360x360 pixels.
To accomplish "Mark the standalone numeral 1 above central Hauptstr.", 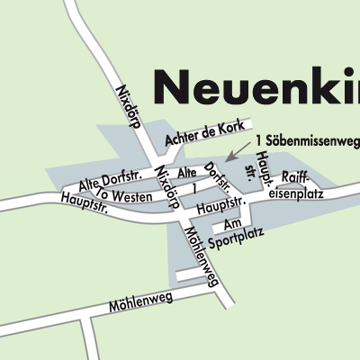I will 193,189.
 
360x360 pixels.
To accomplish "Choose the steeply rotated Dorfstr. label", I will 219,179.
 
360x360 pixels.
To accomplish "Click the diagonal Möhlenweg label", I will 200,256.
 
